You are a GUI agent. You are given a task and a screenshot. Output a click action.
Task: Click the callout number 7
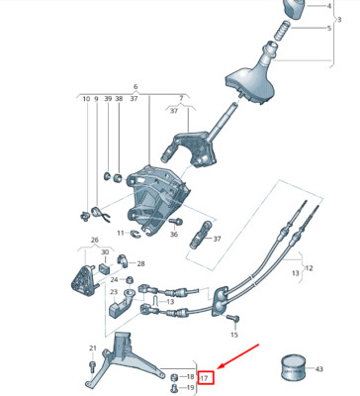point(182,99)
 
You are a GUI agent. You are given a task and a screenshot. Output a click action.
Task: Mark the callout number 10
point(86,100)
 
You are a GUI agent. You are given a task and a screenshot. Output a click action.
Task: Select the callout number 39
point(108,100)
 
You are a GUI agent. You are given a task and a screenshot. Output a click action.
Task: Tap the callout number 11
point(120,234)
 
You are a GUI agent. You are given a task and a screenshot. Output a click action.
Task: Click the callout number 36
point(174,235)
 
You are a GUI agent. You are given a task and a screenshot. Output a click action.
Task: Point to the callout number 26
point(95,241)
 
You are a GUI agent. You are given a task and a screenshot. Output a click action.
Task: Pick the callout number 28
point(140,264)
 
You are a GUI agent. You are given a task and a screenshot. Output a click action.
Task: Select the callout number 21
point(93,348)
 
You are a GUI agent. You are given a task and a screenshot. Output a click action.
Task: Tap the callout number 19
point(190,387)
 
